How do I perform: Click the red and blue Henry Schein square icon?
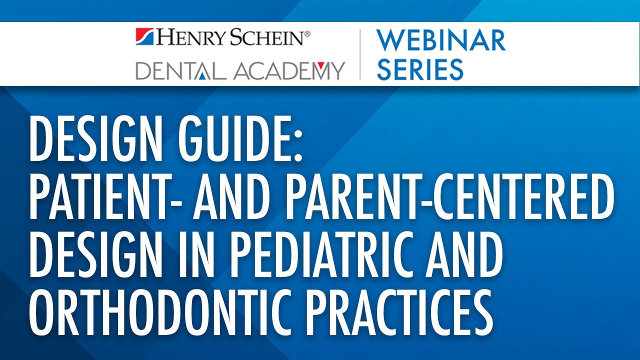click(x=145, y=38)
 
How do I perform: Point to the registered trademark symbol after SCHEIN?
click(x=307, y=33)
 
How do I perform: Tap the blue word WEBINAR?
click(x=440, y=41)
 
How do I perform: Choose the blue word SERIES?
click(x=420, y=69)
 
